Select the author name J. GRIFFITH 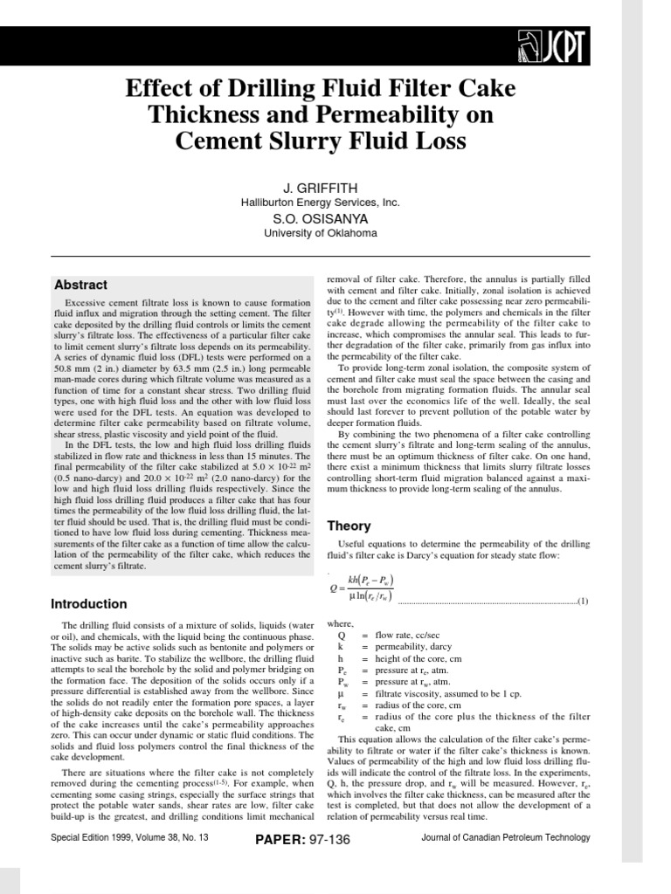(321, 188)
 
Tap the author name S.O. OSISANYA (321, 219)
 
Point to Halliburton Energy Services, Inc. (321, 202)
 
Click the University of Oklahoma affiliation (321, 233)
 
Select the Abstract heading (81, 285)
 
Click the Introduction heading (88, 604)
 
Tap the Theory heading (349, 526)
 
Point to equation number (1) (583, 602)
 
